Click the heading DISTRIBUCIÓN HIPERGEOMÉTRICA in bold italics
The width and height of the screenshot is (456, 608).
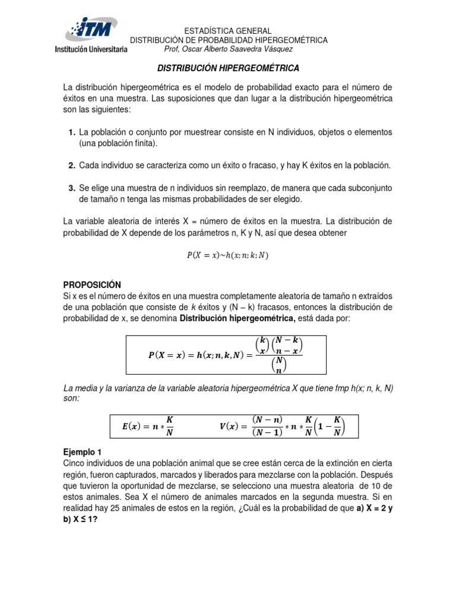228,68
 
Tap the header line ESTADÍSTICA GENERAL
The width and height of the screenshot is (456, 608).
228,30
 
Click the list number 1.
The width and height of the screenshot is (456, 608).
71,132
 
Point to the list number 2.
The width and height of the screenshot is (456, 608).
71,165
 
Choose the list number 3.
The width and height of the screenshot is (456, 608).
71,188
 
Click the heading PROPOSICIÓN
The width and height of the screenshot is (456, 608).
92,284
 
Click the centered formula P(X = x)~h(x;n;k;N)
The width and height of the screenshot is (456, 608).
228,255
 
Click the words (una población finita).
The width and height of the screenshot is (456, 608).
119,143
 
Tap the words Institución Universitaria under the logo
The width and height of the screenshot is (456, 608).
91,50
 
